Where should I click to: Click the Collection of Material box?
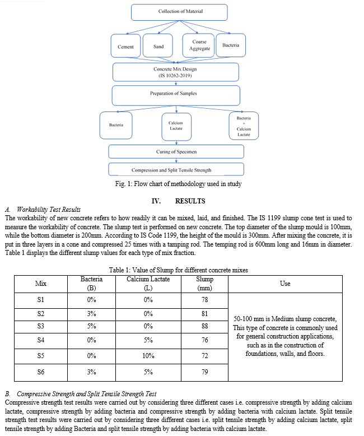[179, 12]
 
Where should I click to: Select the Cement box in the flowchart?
[125, 46]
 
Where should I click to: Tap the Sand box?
[158, 45]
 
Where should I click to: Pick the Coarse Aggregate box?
[198, 45]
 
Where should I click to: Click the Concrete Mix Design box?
[176, 72]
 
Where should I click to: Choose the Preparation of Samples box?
[176, 95]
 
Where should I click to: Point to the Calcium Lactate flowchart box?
[176, 127]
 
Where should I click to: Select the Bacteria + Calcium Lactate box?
[244, 126]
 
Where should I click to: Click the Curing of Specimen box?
[176, 151]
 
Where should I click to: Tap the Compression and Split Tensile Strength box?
[176, 169]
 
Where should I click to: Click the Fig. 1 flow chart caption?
[179, 184]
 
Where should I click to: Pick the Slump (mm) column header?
[204, 284]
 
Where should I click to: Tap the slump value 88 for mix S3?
[205, 326]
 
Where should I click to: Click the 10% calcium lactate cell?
[148, 356]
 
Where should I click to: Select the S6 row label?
[41, 372]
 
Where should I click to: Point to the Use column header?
[285, 284]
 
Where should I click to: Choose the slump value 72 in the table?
[205, 356]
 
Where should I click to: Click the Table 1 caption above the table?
[179, 270]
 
